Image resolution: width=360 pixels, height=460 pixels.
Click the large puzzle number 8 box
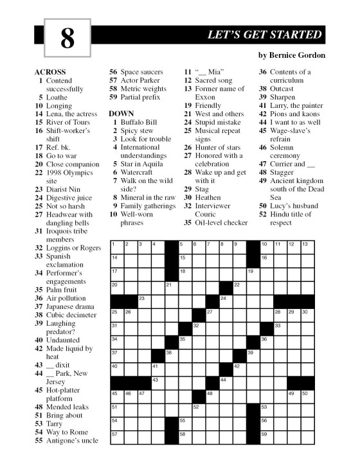tap(67, 39)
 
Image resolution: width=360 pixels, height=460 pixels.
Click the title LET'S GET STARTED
tap(265, 35)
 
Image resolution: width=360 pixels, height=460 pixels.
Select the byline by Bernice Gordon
tap(291, 55)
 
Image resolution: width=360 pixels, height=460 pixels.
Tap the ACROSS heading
tap(50, 71)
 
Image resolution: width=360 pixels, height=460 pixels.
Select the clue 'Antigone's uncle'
tap(71, 440)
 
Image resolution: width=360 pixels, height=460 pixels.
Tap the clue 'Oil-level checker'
tap(222, 222)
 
